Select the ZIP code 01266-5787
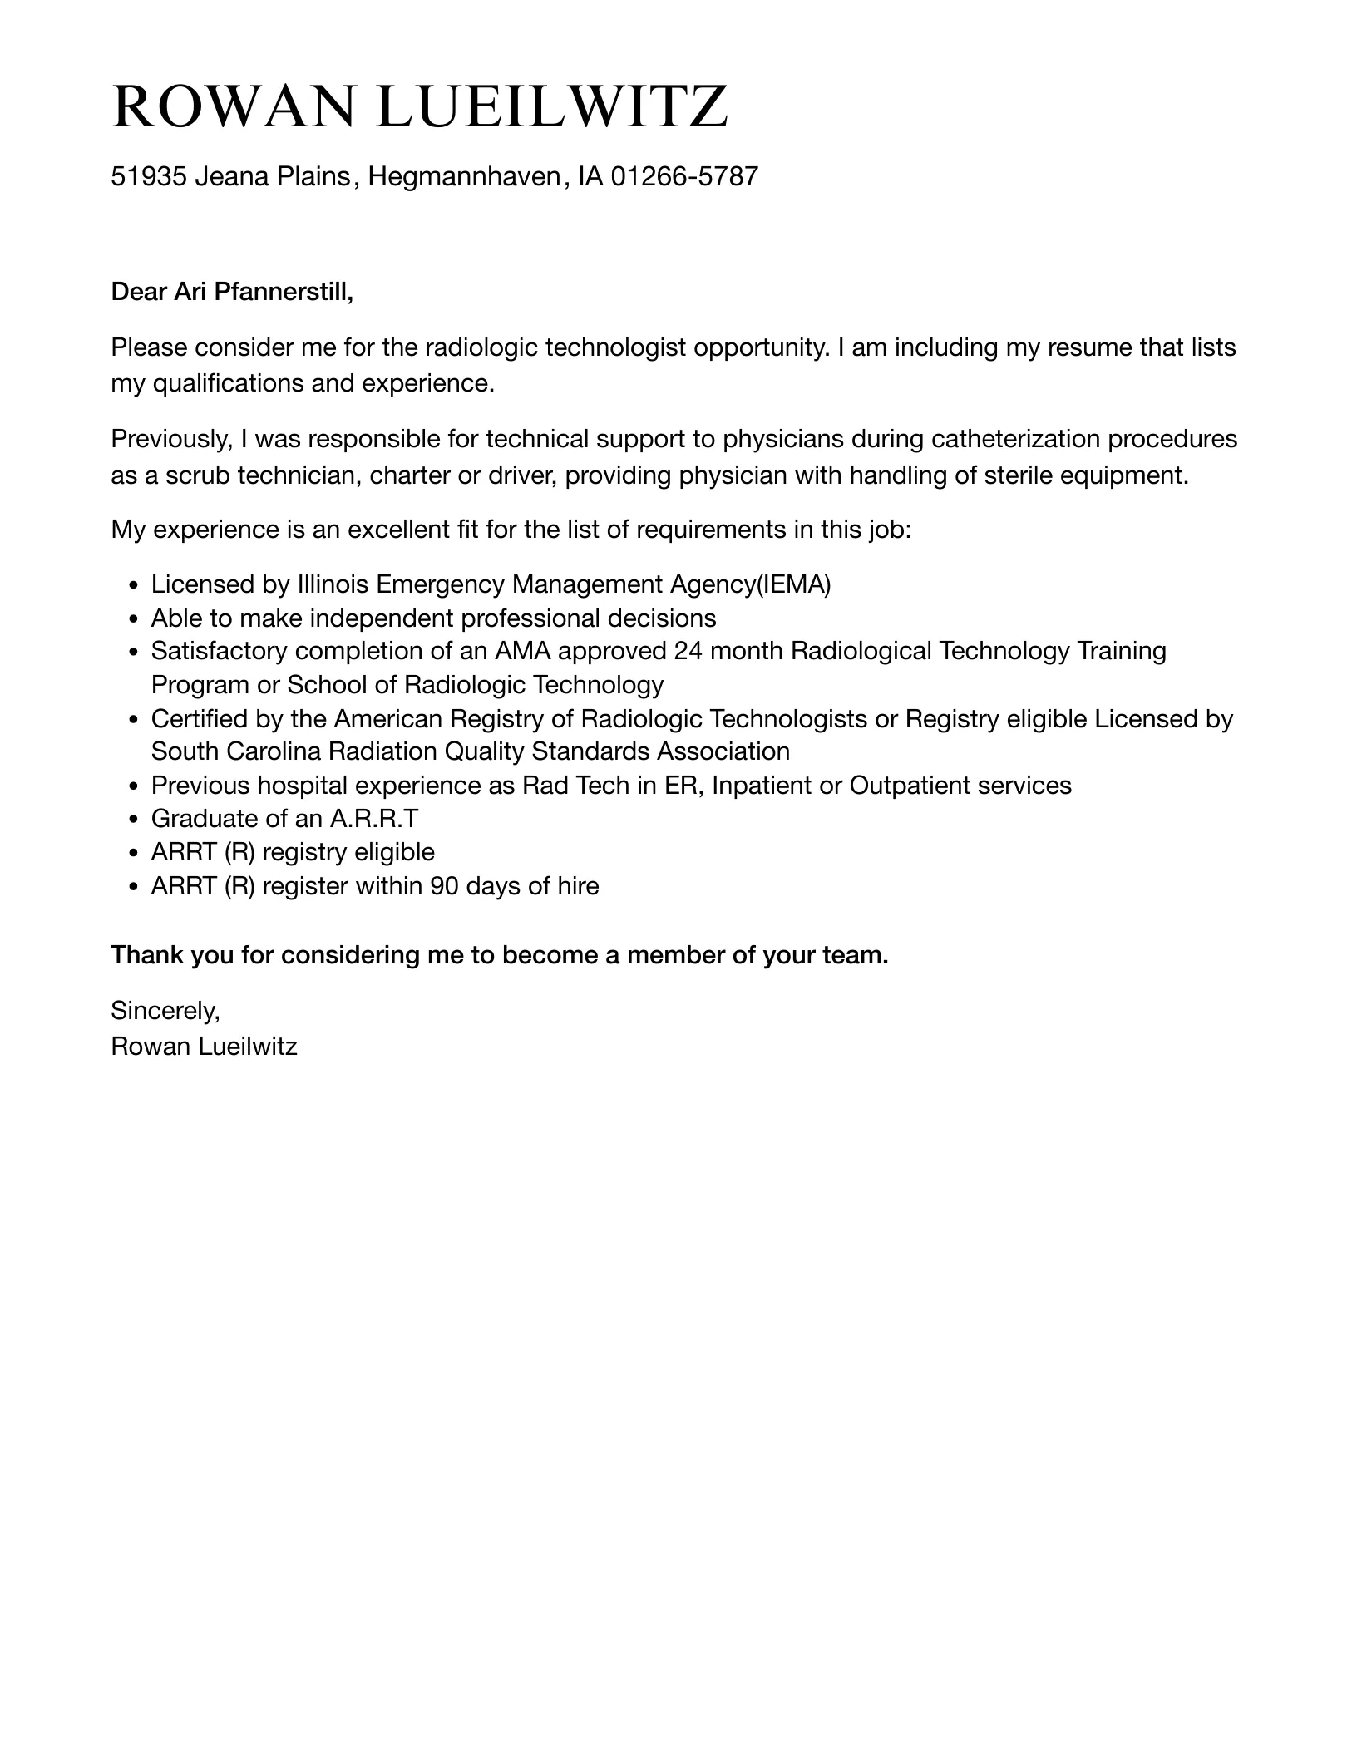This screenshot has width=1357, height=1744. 684,176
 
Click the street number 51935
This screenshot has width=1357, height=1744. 148,176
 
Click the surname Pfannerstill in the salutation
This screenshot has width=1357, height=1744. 284,292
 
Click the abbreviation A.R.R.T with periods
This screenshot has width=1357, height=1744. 374,819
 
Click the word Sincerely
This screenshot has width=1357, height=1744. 165,1010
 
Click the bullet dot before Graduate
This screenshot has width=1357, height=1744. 135,820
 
